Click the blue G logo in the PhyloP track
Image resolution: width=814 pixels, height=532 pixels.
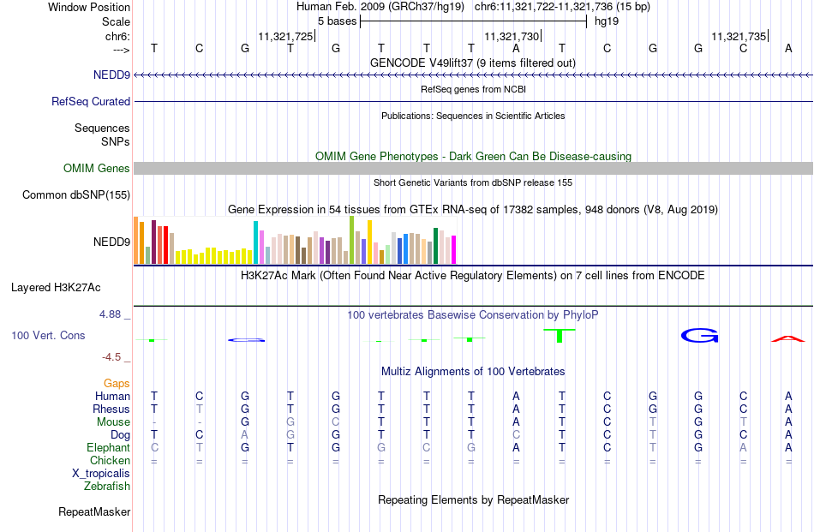[x=699, y=336]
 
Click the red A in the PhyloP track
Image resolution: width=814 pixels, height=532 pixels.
[x=788, y=339]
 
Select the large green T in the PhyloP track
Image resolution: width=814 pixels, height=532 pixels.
[x=560, y=336]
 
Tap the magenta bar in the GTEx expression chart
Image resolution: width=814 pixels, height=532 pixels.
[x=454, y=249]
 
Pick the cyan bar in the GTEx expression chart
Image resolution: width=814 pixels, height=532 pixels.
[x=255, y=242]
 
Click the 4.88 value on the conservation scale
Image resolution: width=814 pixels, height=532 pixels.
[x=110, y=314]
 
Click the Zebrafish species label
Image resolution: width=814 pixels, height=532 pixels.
[x=107, y=487]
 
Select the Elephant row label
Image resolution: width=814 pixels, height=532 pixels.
[x=108, y=447]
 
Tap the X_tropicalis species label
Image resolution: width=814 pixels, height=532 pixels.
[x=101, y=474]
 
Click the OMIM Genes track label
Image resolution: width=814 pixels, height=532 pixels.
[x=97, y=168]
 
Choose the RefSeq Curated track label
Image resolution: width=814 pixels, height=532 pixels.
[x=91, y=101]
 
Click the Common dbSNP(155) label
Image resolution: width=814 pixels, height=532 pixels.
[x=76, y=195]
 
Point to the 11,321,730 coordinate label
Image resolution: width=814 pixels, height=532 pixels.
[x=512, y=36]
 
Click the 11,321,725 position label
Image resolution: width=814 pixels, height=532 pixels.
[x=285, y=36]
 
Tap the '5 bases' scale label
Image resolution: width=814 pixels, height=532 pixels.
[x=338, y=21]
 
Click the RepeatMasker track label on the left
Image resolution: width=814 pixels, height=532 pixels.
[x=94, y=511]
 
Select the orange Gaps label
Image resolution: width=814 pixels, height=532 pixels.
[x=117, y=383]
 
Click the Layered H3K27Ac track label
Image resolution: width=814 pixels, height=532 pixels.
[x=56, y=288]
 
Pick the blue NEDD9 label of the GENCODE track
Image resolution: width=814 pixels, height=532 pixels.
[x=111, y=75]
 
